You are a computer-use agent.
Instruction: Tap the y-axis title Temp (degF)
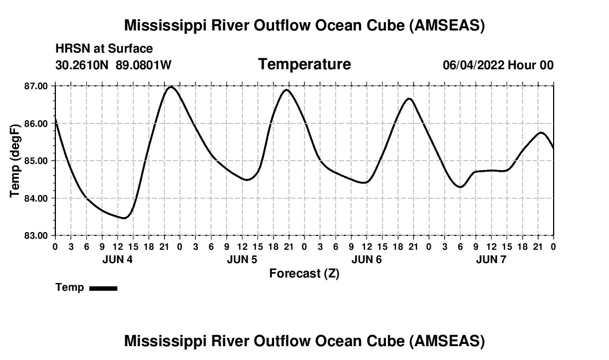click(x=15, y=161)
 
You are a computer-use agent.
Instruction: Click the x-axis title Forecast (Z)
click(x=304, y=274)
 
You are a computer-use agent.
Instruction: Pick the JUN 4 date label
click(x=117, y=259)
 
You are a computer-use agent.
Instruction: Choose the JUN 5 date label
click(x=242, y=259)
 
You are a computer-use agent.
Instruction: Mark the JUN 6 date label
click(x=367, y=259)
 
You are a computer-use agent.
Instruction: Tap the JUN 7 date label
click(x=491, y=259)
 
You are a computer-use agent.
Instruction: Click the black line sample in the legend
click(x=103, y=288)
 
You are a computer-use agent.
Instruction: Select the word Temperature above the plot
click(x=304, y=64)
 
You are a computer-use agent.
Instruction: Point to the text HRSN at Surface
click(x=104, y=49)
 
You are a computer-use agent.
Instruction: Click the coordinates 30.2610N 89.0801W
click(x=113, y=65)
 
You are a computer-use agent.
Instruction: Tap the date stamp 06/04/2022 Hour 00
click(x=498, y=65)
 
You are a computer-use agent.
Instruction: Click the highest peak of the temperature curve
click(x=171, y=86)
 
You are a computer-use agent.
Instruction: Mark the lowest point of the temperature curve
click(x=124, y=218)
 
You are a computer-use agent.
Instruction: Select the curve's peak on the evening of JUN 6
click(x=409, y=99)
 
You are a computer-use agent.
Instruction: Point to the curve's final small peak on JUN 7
click(x=541, y=132)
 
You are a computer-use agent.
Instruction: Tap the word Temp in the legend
click(x=70, y=287)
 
